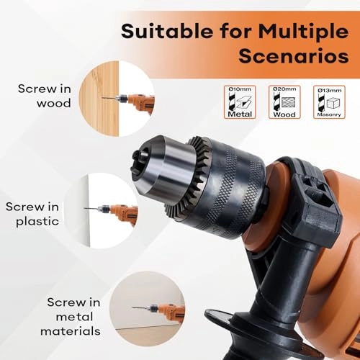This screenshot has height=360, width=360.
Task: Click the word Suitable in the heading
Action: (x=157, y=32)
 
